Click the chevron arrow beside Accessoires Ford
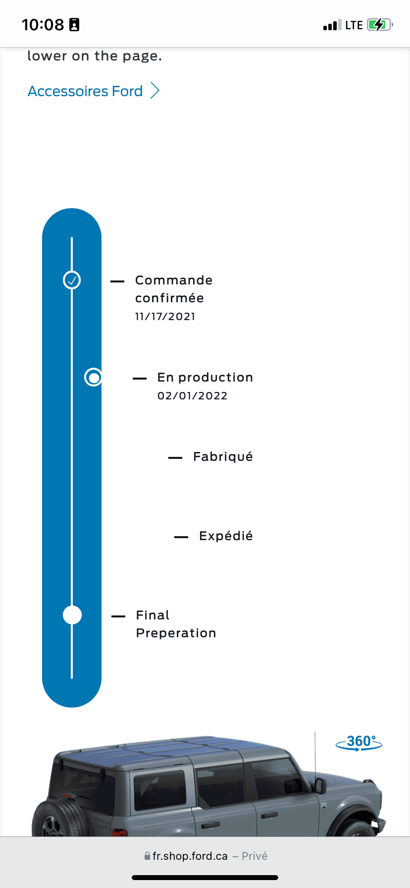pos(155,91)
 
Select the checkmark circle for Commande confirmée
pos(72,280)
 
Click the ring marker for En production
pos(93,377)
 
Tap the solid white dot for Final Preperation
pos(72,615)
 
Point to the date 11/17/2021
pos(165,317)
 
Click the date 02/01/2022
pos(193,396)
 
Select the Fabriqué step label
pos(223,456)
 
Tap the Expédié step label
pos(226,536)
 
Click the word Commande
pos(174,280)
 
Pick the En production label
pos(205,378)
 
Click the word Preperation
pos(176,633)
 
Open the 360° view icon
pos(359,742)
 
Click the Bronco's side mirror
pos(320,785)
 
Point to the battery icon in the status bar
pos(380,25)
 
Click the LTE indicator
pos(354,25)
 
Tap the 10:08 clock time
pos(43,25)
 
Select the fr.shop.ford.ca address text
pos(190,856)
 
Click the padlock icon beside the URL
pos(147,856)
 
